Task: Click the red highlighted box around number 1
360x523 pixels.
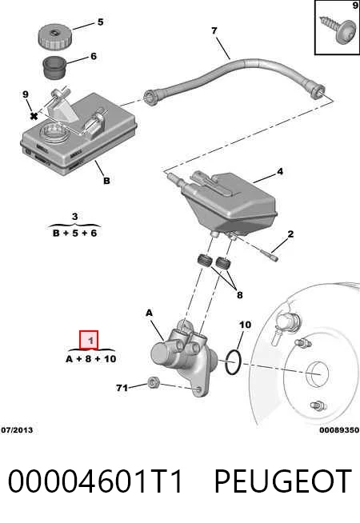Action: pyautogui.click(x=89, y=340)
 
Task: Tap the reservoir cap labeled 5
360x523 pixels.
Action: pyautogui.click(x=54, y=38)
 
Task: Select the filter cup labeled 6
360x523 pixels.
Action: pyautogui.click(x=54, y=68)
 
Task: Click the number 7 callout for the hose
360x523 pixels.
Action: pyautogui.click(x=214, y=30)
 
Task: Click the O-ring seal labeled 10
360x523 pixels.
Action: pyautogui.click(x=233, y=362)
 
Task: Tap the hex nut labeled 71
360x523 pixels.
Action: pyautogui.click(x=153, y=382)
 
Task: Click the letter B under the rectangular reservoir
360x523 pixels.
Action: pyautogui.click(x=106, y=181)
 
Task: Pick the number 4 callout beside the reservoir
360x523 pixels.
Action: pyautogui.click(x=280, y=171)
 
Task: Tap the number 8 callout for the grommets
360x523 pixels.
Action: pyautogui.click(x=239, y=295)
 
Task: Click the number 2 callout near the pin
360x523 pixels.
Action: pyautogui.click(x=290, y=234)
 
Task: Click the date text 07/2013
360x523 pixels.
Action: pyautogui.click(x=17, y=430)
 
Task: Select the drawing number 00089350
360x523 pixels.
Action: pyautogui.click(x=339, y=430)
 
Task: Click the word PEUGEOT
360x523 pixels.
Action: pyautogui.click(x=283, y=481)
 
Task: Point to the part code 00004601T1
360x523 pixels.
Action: pyautogui.click(x=96, y=481)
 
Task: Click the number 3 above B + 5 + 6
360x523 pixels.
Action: pyautogui.click(x=74, y=217)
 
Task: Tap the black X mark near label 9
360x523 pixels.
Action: pyautogui.click(x=34, y=116)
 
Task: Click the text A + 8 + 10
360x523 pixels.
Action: pyautogui.click(x=91, y=359)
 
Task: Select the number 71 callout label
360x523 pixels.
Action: pyautogui.click(x=122, y=388)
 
